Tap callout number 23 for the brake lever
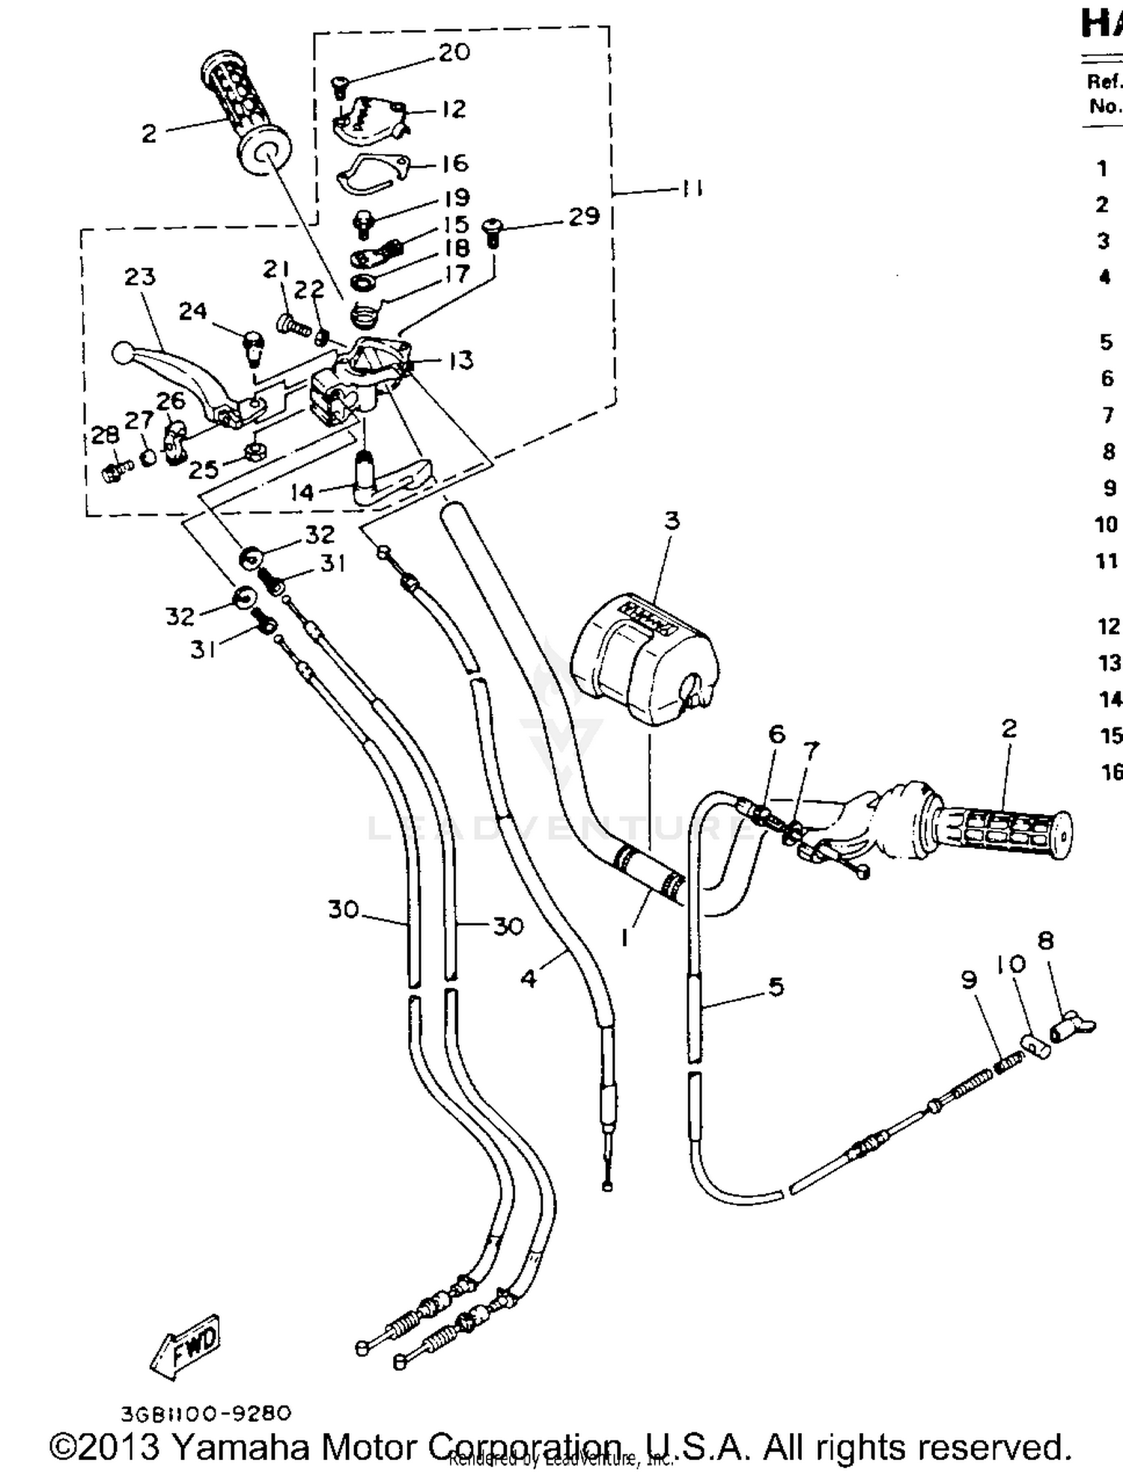pos(140,277)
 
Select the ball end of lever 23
pos(121,353)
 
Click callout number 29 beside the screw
pos(584,216)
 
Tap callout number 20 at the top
pos(454,52)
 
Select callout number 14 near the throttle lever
pos(302,492)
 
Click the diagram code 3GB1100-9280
pos(206,1413)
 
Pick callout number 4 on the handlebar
pos(529,978)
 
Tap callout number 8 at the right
pos(1046,941)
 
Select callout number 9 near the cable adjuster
pos(969,980)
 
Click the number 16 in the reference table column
pos(1111,772)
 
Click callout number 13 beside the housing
pos(461,360)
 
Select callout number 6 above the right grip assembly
pos(777,734)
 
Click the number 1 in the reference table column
pos(1101,168)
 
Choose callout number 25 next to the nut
pos(203,470)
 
